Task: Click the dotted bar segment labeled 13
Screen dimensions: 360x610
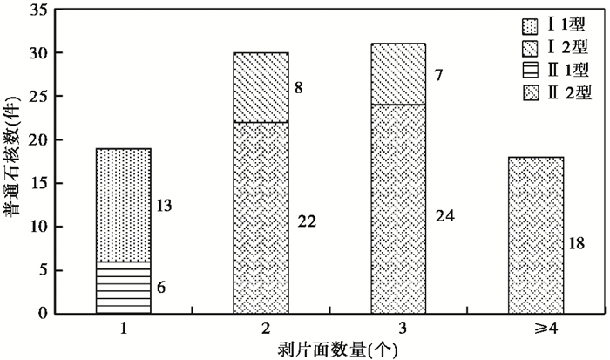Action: tap(123, 205)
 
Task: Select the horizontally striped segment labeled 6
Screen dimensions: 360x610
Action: tap(123, 288)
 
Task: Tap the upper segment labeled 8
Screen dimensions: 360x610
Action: tap(261, 87)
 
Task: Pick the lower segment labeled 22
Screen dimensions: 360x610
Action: tap(261, 218)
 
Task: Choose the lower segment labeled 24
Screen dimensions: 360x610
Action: tap(398, 209)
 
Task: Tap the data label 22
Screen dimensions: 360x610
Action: tap(307, 221)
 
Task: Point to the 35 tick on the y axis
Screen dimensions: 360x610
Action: tap(38, 10)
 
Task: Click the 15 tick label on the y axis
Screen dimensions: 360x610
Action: tap(38, 183)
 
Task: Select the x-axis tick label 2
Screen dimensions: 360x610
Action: tap(261, 331)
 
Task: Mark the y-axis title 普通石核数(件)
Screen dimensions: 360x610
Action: tap(13, 161)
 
